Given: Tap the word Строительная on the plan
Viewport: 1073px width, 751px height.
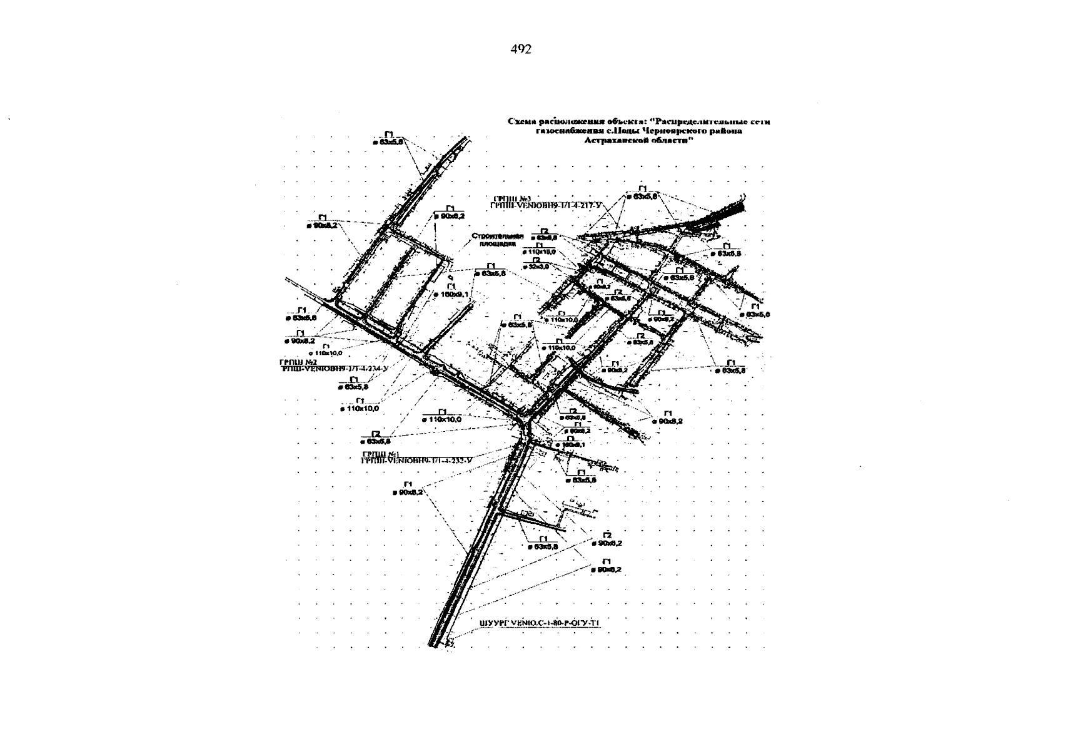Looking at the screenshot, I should pos(496,237).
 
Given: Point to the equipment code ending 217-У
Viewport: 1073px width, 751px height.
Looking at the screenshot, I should pos(545,205).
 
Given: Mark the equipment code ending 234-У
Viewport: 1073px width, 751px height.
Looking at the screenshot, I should pos(335,369).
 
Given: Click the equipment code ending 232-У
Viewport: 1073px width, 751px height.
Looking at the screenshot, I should pos(416,461).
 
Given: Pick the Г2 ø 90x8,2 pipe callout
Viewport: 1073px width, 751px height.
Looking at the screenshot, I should pos(605,539).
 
